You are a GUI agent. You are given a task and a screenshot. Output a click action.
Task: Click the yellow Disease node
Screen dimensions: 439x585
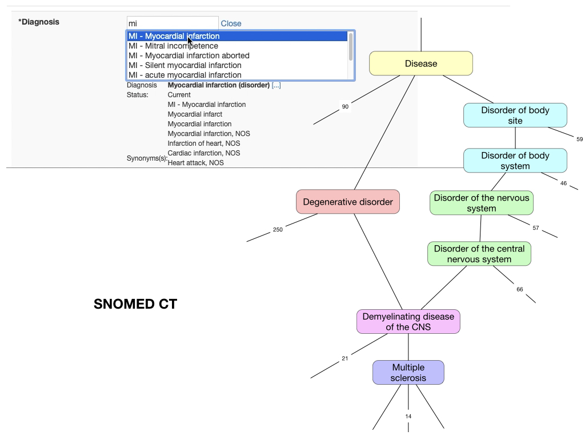click(421, 63)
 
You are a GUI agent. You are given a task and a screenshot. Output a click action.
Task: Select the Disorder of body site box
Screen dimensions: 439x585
click(515, 115)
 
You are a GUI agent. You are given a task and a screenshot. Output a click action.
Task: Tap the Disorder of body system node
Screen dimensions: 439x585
click(515, 161)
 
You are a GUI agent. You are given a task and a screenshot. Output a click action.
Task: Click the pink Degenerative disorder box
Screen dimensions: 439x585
click(347, 202)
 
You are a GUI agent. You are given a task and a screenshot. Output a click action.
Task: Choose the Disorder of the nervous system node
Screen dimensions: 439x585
click(481, 203)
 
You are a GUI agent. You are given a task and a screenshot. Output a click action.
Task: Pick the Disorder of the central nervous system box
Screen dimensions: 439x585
click(479, 254)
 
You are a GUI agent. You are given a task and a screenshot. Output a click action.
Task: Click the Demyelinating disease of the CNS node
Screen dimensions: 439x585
click(408, 322)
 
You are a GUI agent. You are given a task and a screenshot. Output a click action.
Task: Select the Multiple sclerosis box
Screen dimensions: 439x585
click(408, 373)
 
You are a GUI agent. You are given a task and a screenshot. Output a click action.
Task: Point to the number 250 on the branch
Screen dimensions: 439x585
click(278, 230)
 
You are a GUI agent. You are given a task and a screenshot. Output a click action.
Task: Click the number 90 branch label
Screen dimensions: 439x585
click(345, 107)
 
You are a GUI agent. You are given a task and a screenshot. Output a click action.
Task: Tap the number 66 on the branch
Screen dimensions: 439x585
click(520, 289)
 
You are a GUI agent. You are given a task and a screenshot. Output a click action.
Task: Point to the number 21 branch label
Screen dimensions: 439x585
click(344, 359)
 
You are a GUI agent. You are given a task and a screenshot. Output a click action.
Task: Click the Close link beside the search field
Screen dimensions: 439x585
click(231, 23)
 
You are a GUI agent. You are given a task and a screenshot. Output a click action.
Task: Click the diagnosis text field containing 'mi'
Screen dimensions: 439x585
click(172, 23)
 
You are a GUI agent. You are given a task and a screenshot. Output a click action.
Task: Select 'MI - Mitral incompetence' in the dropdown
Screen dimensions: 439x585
click(173, 46)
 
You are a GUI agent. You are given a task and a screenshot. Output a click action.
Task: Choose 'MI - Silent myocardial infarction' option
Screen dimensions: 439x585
click(185, 65)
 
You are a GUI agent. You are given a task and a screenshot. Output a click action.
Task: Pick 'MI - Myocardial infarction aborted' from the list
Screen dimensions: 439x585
click(189, 55)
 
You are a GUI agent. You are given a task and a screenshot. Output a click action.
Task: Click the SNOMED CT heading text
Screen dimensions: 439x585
click(135, 304)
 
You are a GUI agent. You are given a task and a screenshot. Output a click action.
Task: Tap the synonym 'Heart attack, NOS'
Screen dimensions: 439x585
click(195, 163)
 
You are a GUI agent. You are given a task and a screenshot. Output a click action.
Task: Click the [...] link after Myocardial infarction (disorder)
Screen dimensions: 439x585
click(277, 85)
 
